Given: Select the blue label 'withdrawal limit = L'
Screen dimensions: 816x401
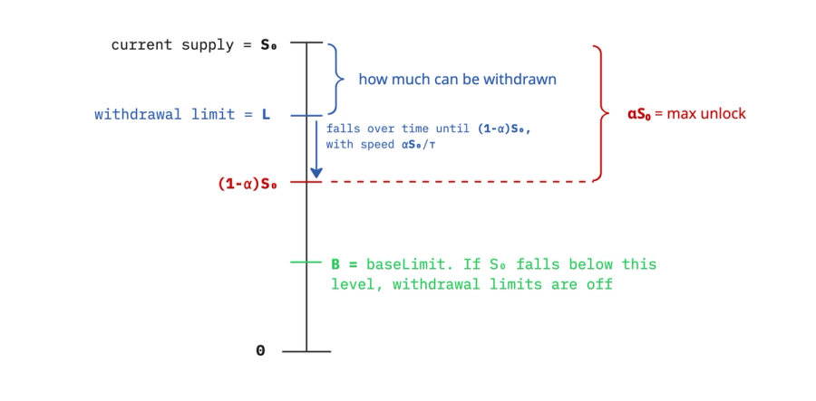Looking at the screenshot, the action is (182, 115).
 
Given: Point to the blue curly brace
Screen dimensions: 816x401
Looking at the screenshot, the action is (335, 80).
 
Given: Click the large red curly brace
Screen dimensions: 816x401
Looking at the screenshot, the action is (598, 113).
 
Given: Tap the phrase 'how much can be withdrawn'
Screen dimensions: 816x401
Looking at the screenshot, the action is (457, 80).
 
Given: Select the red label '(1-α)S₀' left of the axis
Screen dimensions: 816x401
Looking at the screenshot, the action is (246, 184).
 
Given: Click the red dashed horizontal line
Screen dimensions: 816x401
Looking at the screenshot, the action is (453, 182).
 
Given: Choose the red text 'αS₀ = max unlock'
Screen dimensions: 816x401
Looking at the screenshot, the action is (686, 115).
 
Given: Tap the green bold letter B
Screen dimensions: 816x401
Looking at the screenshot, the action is (335, 264).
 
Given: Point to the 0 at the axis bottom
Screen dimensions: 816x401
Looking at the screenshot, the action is (260, 351).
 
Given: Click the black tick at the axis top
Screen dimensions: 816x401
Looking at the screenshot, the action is (306, 43).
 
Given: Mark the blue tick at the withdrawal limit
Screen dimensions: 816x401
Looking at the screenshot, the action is (306, 115).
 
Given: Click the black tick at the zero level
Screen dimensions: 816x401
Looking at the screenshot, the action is (306, 351).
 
